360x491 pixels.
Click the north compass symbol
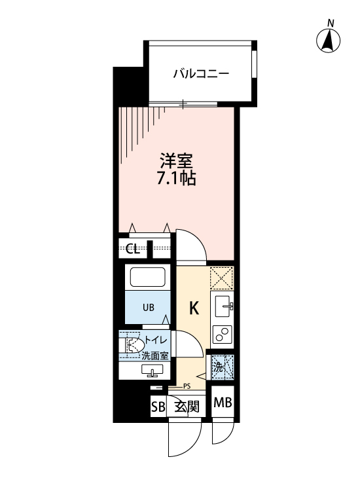tap(329, 41)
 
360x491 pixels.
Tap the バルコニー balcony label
tap(201, 73)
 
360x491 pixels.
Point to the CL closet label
tap(132, 249)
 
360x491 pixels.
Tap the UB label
tap(149, 306)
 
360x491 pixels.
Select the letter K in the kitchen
tap(194, 307)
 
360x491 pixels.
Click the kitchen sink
tap(223, 306)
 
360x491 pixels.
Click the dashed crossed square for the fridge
tap(223, 278)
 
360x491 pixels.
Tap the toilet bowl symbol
tap(134, 344)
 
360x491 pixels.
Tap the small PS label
tap(187, 386)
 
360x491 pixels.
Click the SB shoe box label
tap(158, 407)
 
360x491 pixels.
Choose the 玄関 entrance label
tap(186, 407)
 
